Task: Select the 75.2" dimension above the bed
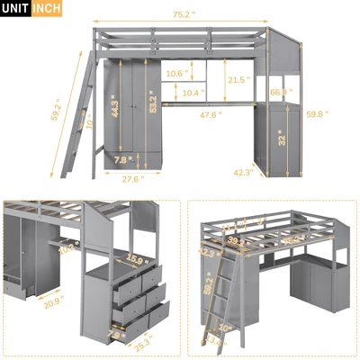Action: point(186,14)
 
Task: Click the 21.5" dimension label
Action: point(238,80)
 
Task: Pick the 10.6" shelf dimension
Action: point(176,73)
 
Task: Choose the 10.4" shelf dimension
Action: point(192,92)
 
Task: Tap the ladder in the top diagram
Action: point(85,121)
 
